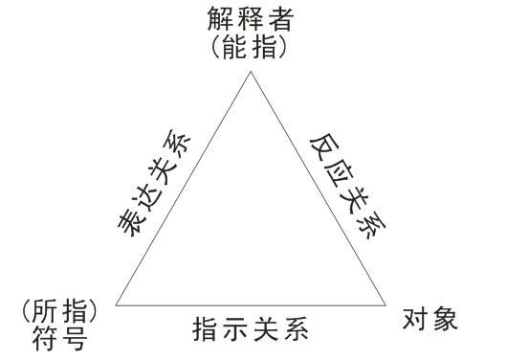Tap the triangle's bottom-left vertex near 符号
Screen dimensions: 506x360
click(116, 305)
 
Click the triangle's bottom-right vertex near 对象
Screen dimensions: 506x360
click(387, 305)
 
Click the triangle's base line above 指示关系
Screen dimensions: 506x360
click(251, 305)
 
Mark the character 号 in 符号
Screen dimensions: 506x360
click(73, 339)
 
